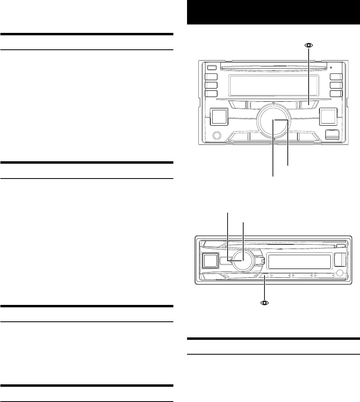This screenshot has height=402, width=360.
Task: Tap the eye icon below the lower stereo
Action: click(264, 303)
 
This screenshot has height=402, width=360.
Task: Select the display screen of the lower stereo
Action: click(299, 262)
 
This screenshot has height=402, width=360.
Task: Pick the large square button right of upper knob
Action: click(329, 117)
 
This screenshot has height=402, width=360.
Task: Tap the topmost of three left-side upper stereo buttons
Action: click(211, 77)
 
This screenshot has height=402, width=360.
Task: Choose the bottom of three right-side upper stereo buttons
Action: click(336, 94)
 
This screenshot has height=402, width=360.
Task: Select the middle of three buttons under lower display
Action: click(303, 276)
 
